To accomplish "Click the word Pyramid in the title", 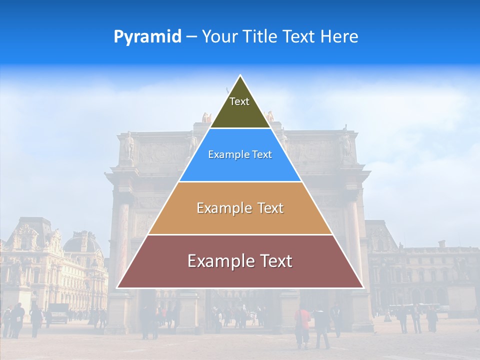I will click(147, 37).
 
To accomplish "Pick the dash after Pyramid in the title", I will click(191, 37).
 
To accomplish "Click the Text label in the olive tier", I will click(239, 101).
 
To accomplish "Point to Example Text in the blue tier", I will click(240, 154).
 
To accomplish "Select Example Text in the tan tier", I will click(240, 208).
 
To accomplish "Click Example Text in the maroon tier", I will click(240, 261).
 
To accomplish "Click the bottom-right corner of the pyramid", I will click(363, 287).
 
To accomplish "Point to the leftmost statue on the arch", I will click(129, 145).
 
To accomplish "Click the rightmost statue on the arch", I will click(345, 142).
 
